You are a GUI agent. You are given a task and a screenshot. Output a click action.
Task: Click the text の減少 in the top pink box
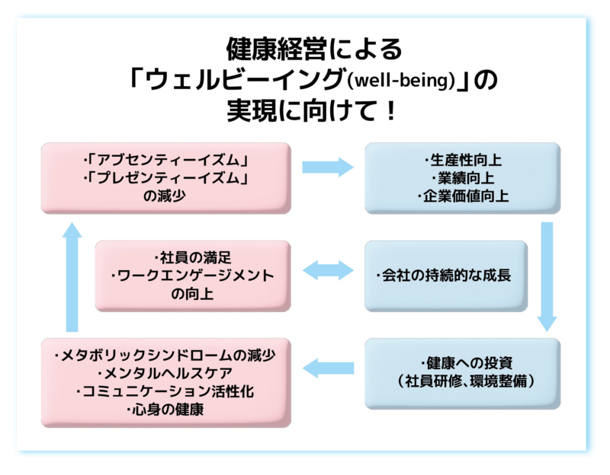pos(166,196)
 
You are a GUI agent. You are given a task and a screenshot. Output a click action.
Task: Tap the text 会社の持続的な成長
pos(446,276)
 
